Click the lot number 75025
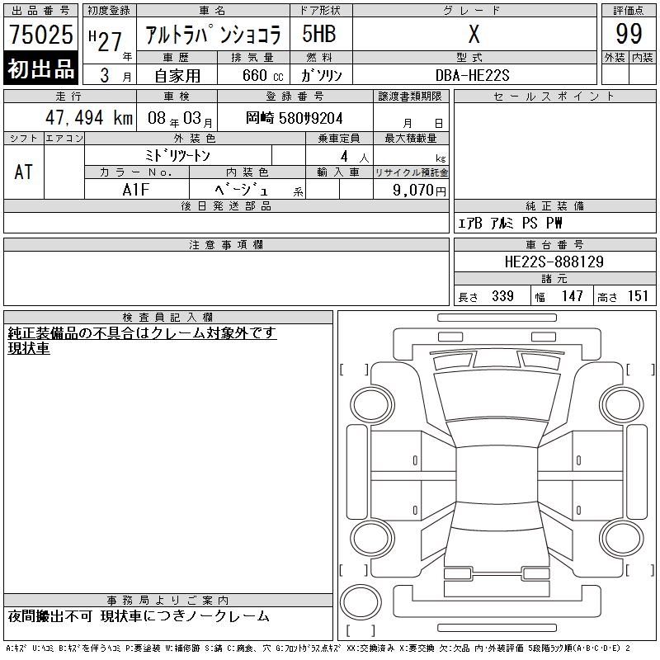pos(41,34)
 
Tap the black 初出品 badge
pos(40,68)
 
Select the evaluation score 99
pos(629,34)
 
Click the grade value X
pos(474,34)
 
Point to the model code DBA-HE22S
pos(472,75)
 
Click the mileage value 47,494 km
pos(89,118)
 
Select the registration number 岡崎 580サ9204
pos(295,118)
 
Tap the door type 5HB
pos(319,34)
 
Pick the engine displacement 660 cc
pos(263,75)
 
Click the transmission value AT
pos(24,172)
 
